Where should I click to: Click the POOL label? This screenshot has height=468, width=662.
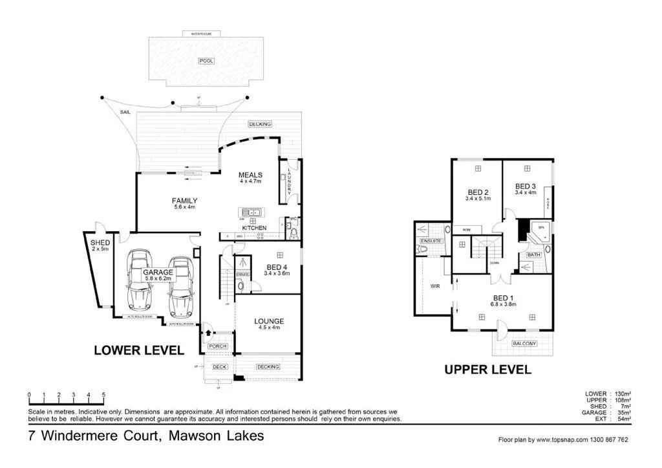pyautogui.click(x=206, y=61)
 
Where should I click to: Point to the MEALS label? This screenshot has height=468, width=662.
pyautogui.click(x=250, y=175)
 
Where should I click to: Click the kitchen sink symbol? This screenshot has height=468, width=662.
pyautogui.click(x=250, y=212)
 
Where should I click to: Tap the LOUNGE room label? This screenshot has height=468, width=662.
pyautogui.click(x=268, y=321)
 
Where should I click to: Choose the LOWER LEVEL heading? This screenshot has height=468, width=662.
pyautogui.click(x=139, y=350)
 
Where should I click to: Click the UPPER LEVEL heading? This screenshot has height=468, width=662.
pyautogui.click(x=487, y=370)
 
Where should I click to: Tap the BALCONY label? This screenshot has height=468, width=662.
pyautogui.click(x=523, y=344)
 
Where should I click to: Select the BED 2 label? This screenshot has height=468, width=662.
pyautogui.click(x=478, y=192)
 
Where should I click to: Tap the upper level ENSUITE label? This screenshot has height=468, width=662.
pyautogui.click(x=431, y=241)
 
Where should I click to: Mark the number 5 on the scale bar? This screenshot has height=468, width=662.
pyautogui.click(x=103, y=394)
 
